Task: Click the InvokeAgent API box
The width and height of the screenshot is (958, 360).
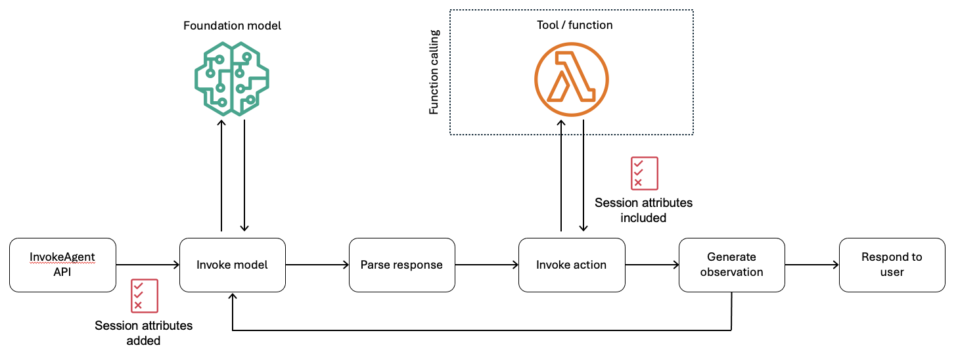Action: [x=63, y=265]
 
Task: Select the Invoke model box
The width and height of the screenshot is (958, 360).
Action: [x=233, y=265]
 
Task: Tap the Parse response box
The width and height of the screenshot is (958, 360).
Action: [x=401, y=265]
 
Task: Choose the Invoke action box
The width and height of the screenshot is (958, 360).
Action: [x=571, y=265]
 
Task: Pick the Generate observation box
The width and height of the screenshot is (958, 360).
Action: [x=731, y=265]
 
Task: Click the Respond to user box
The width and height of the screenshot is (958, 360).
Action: [x=892, y=265]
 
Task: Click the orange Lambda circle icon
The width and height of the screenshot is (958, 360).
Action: [x=572, y=78]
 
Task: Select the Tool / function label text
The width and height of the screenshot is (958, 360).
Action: [x=571, y=25]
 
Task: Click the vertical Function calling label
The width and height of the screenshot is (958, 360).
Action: [x=434, y=72]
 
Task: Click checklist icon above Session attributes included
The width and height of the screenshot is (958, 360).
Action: [x=644, y=173]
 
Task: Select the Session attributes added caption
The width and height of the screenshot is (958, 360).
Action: [x=144, y=332]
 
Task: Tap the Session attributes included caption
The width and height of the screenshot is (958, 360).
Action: [x=643, y=210]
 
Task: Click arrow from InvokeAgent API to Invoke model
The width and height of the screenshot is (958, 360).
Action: [x=148, y=265]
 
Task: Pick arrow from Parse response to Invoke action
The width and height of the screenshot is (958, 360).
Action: [x=486, y=265]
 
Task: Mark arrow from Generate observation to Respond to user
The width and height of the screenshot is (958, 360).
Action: [x=811, y=265]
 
